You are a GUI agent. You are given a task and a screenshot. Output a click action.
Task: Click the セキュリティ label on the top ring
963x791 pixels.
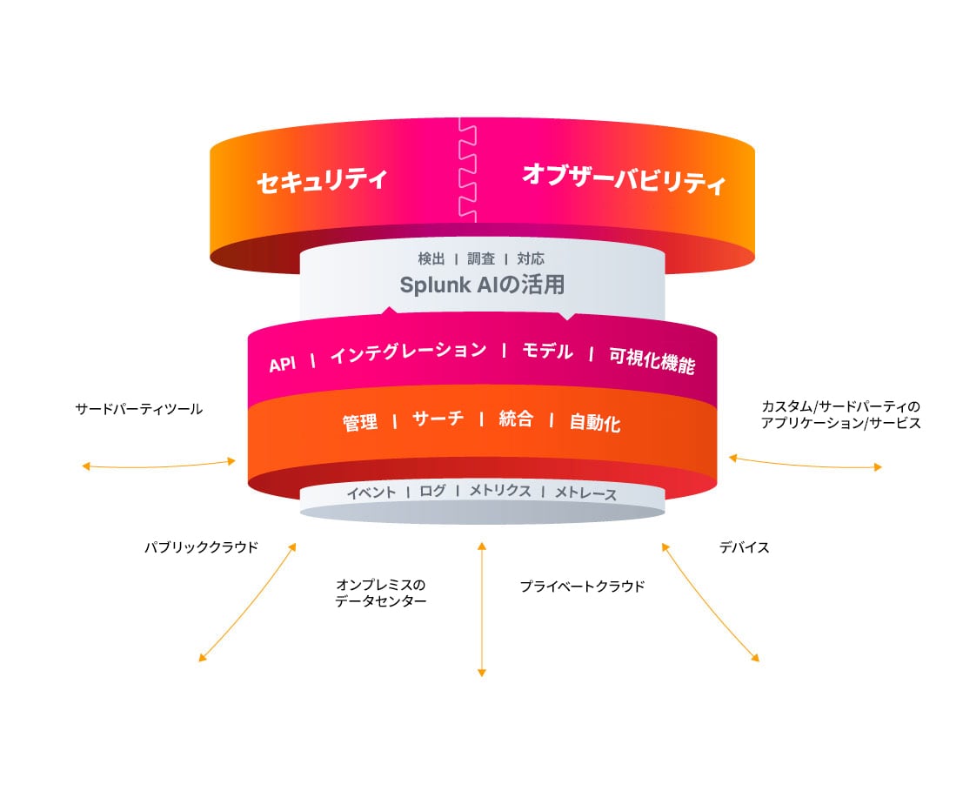point(321,181)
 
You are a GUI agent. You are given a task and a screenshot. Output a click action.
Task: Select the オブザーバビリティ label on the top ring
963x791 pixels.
point(623,179)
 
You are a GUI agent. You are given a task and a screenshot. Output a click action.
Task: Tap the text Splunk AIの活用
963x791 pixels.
point(481,285)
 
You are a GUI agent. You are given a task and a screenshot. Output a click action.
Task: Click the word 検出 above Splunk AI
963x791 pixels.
point(431,258)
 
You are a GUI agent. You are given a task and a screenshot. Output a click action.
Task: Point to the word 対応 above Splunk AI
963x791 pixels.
point(531,258)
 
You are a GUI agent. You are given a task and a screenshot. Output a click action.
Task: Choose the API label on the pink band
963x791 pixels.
point(283,365)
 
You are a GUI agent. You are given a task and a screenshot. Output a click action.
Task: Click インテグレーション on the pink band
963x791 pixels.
point(408,352)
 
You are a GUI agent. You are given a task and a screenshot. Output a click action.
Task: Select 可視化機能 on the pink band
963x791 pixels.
point(652,360)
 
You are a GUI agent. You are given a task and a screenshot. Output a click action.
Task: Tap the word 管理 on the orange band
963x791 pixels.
point(359,423)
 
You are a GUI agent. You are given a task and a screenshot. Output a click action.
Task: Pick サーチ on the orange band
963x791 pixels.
point(438,418)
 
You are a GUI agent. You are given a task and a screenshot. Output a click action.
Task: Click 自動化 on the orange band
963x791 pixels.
point(595,424)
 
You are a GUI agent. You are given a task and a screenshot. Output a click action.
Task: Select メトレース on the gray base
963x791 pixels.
point(585,494)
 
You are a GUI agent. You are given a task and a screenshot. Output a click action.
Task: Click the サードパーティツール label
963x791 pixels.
point(139,408)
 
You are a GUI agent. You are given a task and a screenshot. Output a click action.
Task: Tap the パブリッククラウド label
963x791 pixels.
point(201,547)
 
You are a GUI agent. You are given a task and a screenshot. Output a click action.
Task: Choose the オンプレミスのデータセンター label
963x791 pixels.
point(381,593)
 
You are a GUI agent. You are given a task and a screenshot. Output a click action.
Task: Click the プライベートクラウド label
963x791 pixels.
point(582,587)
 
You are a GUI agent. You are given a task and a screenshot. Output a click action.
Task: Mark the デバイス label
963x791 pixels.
point(744,547)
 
